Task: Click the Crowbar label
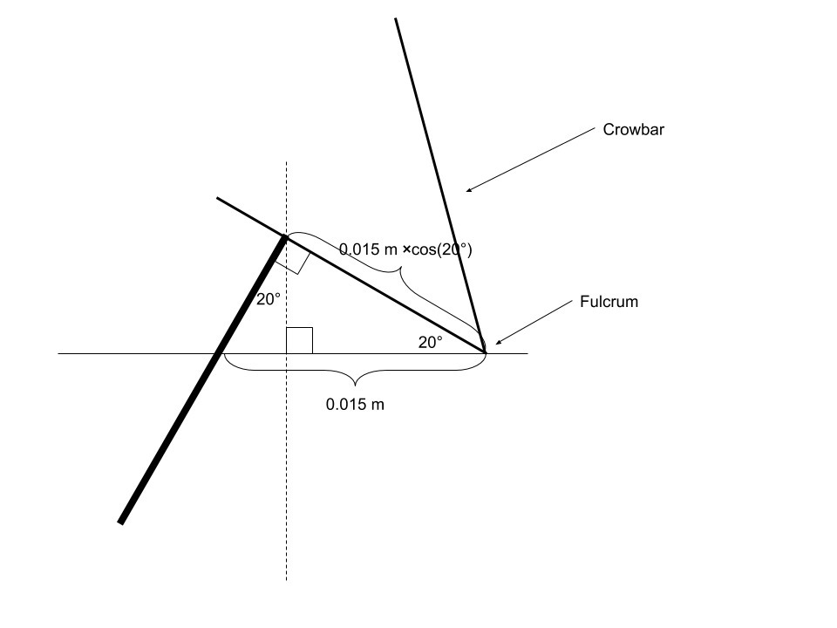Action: pyautogui.click(x=634, y=130)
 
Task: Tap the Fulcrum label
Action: pyautogui.click(x=609, y=302)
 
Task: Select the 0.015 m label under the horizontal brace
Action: pyautogui.click(x=355, y=404)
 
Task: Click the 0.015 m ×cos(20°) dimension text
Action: pyautogui.click(x=405, y=249)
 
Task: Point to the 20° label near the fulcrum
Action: pyautogui.click(x=430, y=343)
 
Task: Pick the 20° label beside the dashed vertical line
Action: pyautogui.click(x=269, y=299)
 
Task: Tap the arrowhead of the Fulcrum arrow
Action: pyautogui.click(x=498, y=342)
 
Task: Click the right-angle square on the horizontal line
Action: pyautogui.click(x=299, y=341)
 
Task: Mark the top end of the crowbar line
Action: pyautogui.click(x=396, y=18)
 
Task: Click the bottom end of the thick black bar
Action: pyautogui.click(x=120, y=522)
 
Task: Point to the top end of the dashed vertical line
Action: pyautogui.click(x=287, y=162)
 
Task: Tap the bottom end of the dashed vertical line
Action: pyautogui.click(x=287, y=581)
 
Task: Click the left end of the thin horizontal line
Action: pyautogui.click(x=58, y=353)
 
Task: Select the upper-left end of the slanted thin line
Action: pyautogui.click(x=217, y=198)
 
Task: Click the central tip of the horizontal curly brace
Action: pyautogui.click(x=356, y=386)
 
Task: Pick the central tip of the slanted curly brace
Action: pyautogui.click(x=401, y=267)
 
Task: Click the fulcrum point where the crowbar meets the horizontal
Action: pyautogui.click(x=486, y=352)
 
